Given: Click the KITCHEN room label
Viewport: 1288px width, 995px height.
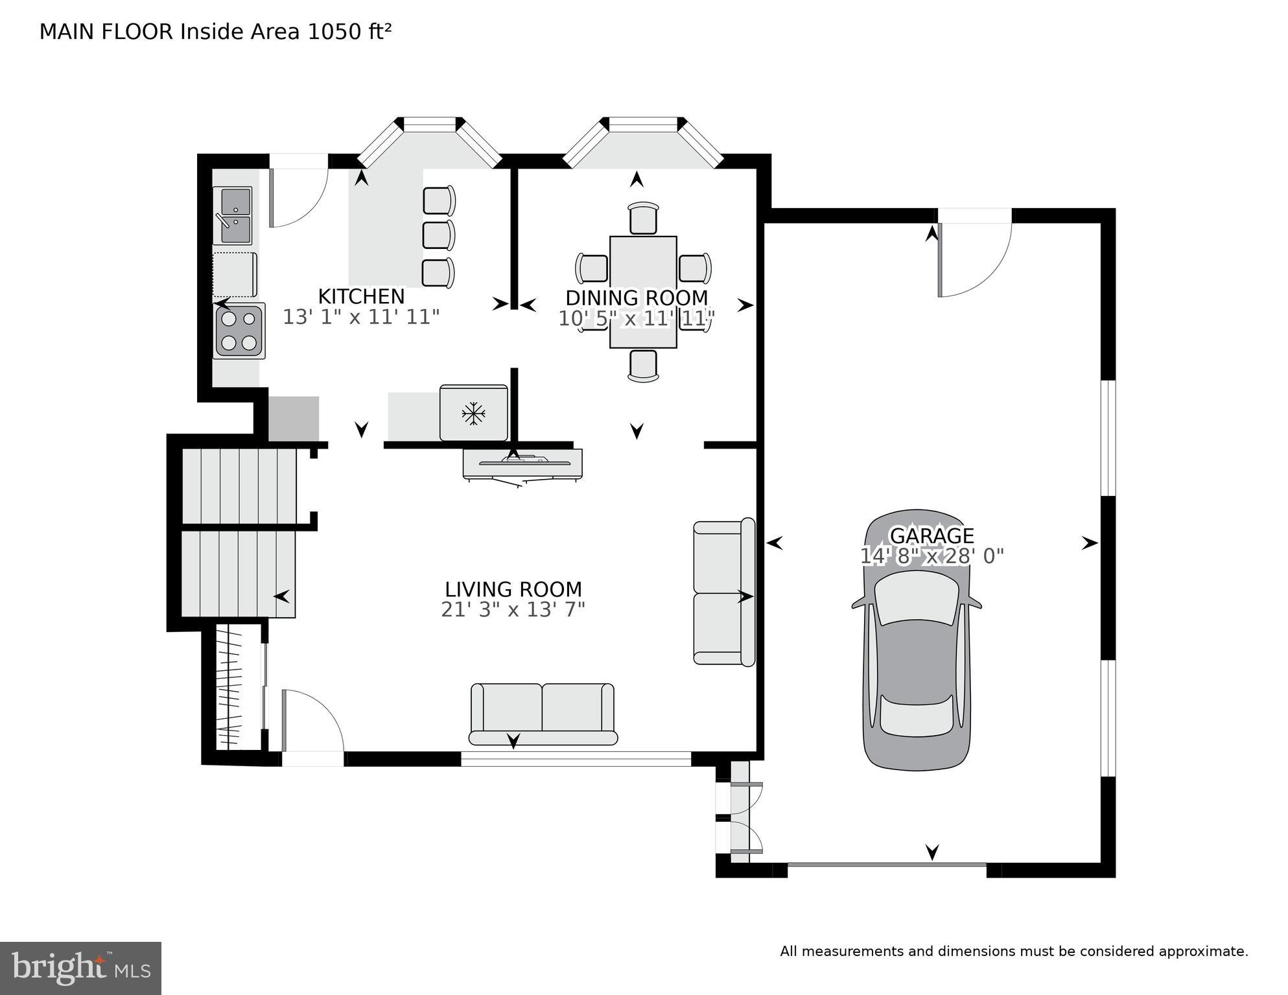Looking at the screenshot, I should (x=361, y=296).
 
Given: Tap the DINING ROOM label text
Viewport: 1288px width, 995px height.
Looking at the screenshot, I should (x=637, y=298).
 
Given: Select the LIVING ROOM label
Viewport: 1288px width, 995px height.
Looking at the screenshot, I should (x=513, y=589).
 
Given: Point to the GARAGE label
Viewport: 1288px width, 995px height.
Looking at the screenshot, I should (x=931, y=535).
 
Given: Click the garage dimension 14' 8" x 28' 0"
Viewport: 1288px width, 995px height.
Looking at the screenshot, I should (x=931, y=556).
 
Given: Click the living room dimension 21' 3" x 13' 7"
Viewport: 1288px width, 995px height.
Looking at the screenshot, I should (x=513, y=610).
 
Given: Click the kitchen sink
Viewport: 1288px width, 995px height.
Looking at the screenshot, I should (x=233, y=215).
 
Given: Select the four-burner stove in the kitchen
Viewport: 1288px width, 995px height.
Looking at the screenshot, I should (x=239, y=331).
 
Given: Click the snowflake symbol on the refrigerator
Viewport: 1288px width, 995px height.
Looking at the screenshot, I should (x=474, y=413).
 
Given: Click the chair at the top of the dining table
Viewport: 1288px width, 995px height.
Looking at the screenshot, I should (x=643, y=218).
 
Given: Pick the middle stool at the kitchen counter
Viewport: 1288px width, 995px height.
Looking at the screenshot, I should (x=438, y=235).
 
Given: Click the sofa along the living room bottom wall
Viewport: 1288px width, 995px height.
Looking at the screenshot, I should (x=543, y=714).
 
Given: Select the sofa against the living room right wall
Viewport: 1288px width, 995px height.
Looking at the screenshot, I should (x=723, y=592).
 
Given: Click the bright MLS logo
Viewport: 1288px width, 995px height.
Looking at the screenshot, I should (x=80, y=968).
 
